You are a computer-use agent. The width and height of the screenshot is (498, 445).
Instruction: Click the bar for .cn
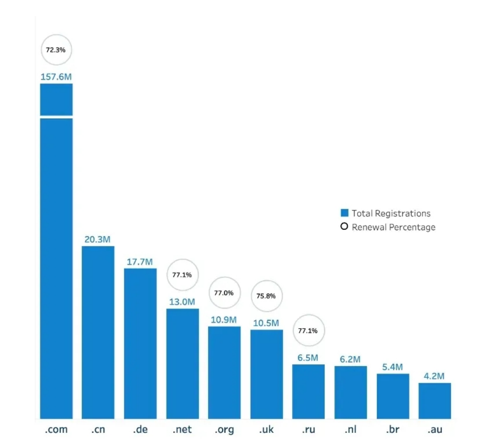point(98,332)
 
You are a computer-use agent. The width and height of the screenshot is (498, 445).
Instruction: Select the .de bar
point(140,343)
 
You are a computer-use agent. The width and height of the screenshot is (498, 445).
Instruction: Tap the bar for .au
point(434,400)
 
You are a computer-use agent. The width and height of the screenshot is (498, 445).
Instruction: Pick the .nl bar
point(351,392)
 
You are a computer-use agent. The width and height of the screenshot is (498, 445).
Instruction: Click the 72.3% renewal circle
point(56,49)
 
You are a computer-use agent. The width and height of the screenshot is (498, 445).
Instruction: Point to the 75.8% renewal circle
point(266,296)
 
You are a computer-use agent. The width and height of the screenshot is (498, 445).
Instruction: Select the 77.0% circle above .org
point(224,293)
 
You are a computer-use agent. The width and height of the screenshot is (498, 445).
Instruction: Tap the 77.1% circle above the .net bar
point(182,275)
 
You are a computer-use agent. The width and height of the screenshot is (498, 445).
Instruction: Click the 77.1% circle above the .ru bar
point(308,331)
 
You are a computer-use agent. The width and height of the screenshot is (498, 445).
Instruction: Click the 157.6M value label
point(56,77)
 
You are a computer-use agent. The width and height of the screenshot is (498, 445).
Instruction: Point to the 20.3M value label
point(97,239)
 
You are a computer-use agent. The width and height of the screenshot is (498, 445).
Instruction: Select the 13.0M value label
point(182,302)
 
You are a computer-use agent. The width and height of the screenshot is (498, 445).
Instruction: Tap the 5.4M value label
point(393,367)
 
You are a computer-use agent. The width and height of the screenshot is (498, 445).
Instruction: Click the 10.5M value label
point(266,323)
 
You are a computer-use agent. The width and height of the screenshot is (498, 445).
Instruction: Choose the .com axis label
point(56,430)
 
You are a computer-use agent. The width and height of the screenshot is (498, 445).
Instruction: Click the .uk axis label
point(266,430)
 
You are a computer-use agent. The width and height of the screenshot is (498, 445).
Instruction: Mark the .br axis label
point(393,430)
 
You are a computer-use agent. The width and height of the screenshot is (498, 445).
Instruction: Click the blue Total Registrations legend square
point(345,213)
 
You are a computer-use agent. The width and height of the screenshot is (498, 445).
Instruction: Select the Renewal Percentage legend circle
point(345,227)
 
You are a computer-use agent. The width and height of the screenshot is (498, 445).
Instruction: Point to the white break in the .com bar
point(56,116)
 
